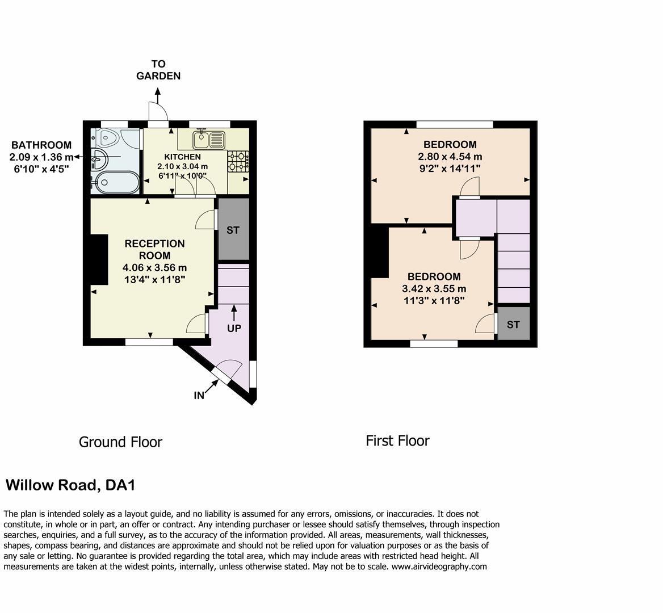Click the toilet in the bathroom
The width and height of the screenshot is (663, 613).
107,137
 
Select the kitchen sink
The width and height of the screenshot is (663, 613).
208,138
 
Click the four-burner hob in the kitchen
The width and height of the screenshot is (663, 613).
238,161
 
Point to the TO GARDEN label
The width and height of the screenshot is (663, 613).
158,70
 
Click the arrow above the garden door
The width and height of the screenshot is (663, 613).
158,93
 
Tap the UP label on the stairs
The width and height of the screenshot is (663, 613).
234,328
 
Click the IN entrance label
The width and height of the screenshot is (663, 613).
199,395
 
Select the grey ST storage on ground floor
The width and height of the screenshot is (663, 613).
233,229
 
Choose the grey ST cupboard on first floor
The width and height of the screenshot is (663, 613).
513,325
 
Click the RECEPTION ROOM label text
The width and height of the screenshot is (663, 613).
154,249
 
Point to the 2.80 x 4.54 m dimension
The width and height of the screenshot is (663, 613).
450,157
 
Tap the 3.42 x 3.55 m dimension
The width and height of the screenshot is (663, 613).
434,289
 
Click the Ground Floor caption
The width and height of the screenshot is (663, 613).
120,442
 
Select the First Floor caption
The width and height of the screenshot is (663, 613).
397,440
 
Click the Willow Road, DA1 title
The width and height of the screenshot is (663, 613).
70,485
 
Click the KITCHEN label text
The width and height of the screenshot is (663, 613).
182,157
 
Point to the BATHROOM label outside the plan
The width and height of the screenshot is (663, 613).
41,145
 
